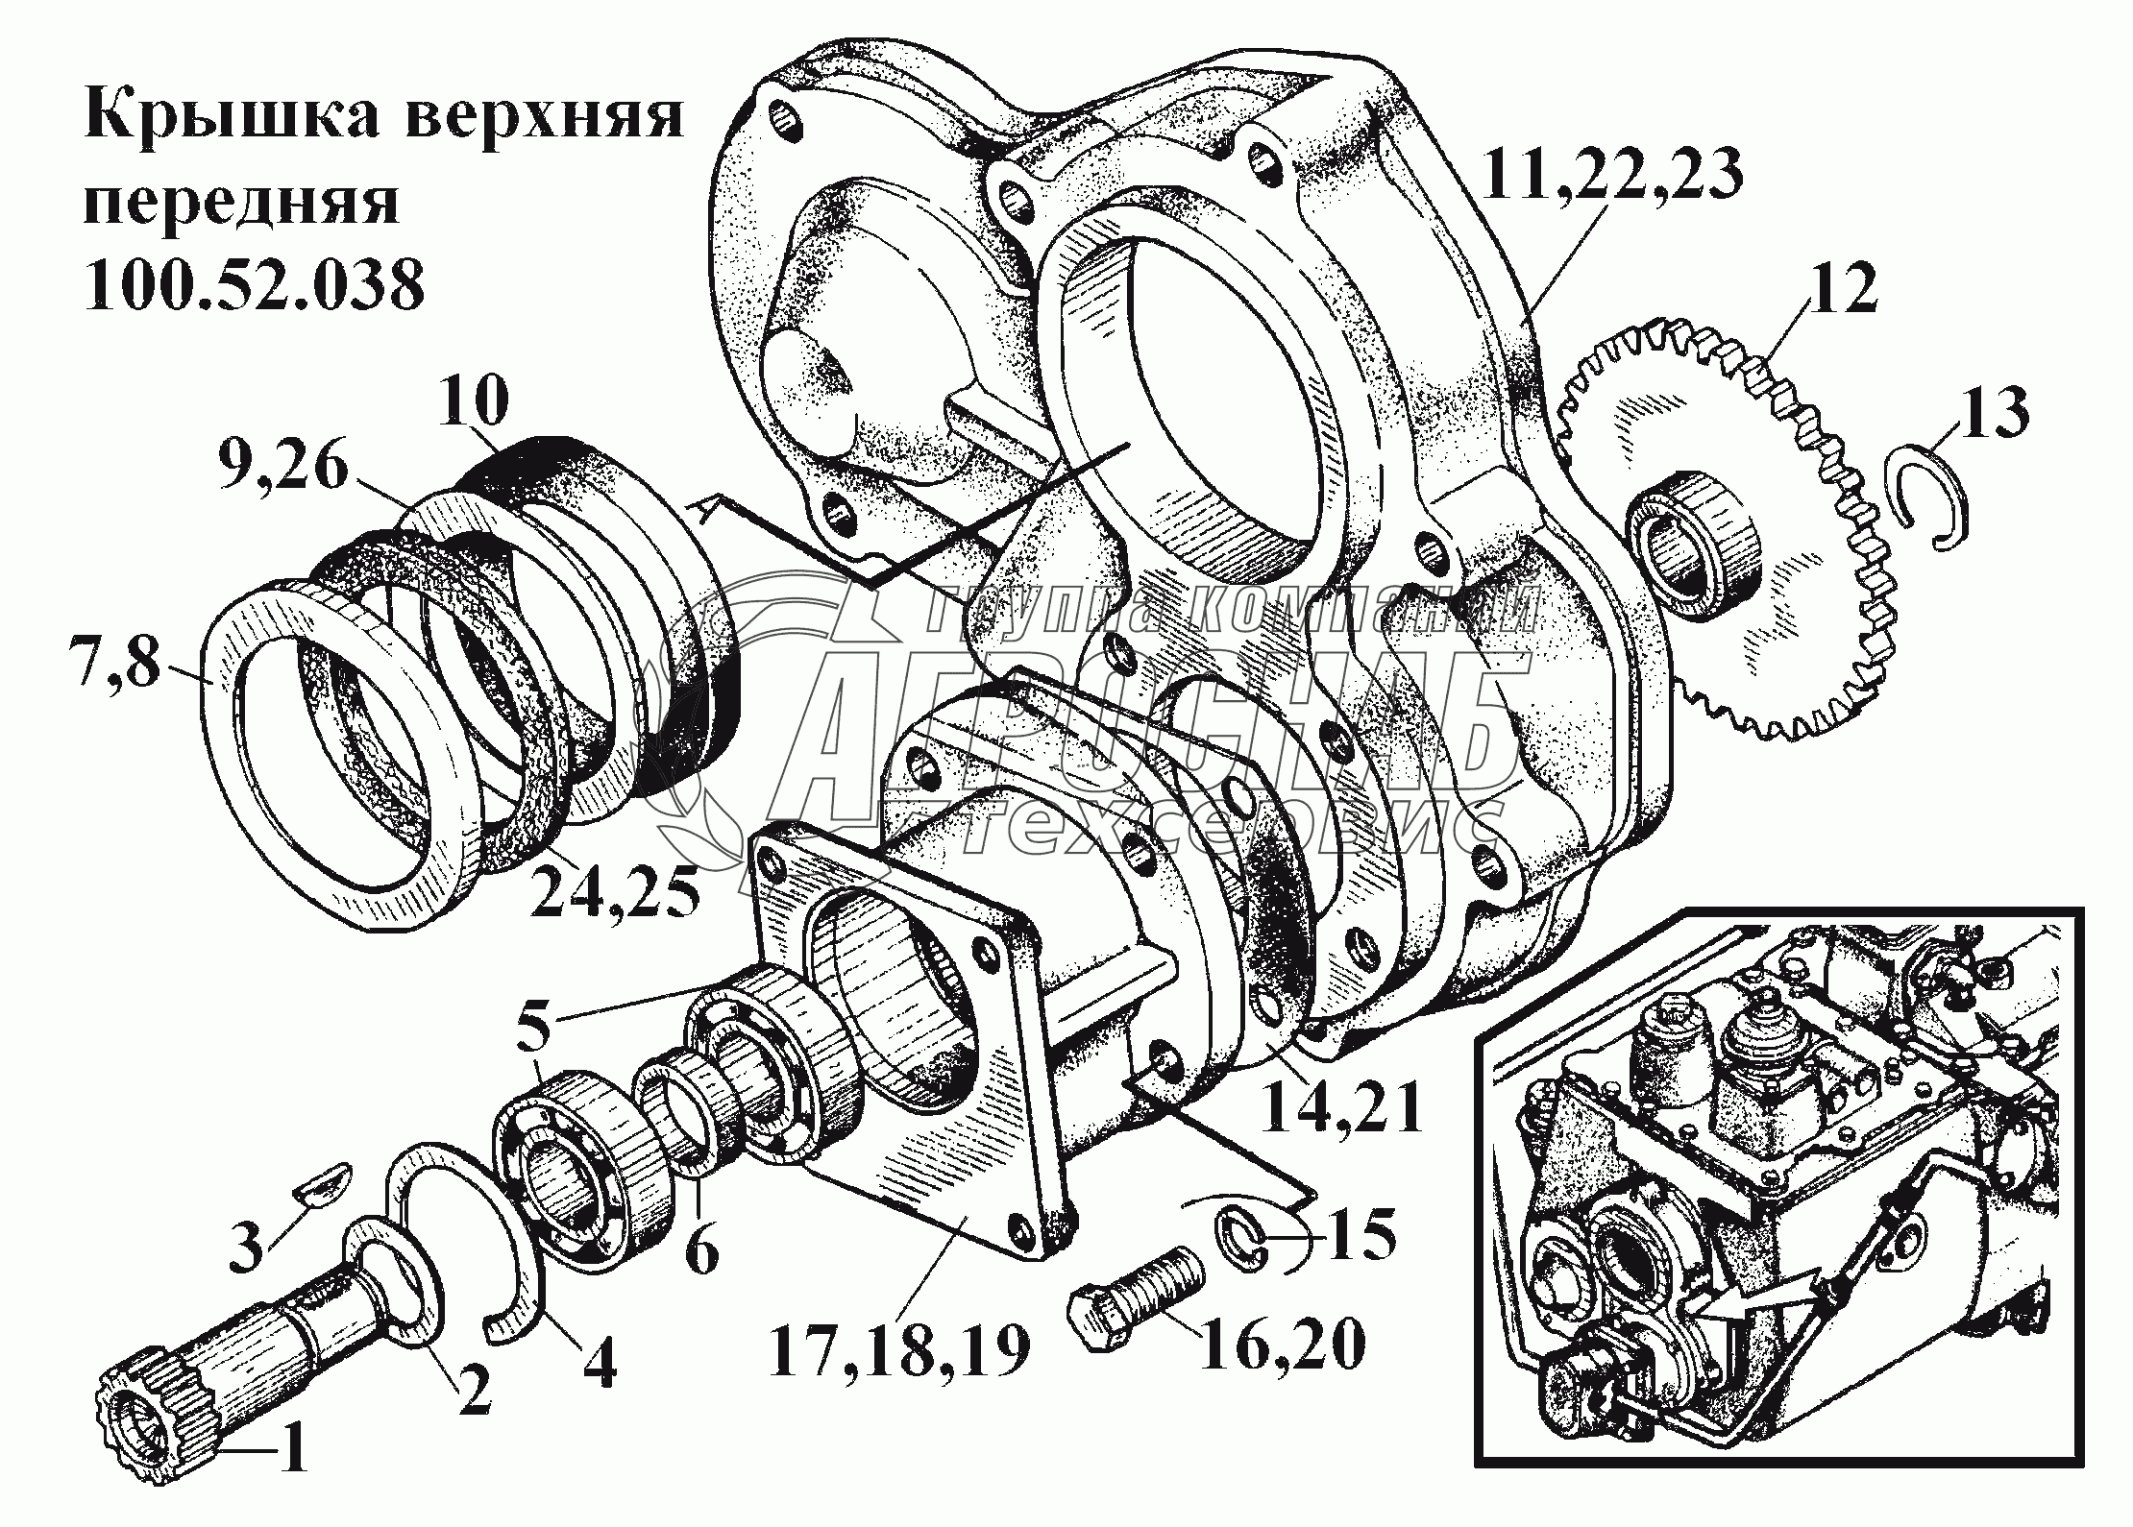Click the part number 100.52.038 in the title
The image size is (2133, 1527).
point(254,286)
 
